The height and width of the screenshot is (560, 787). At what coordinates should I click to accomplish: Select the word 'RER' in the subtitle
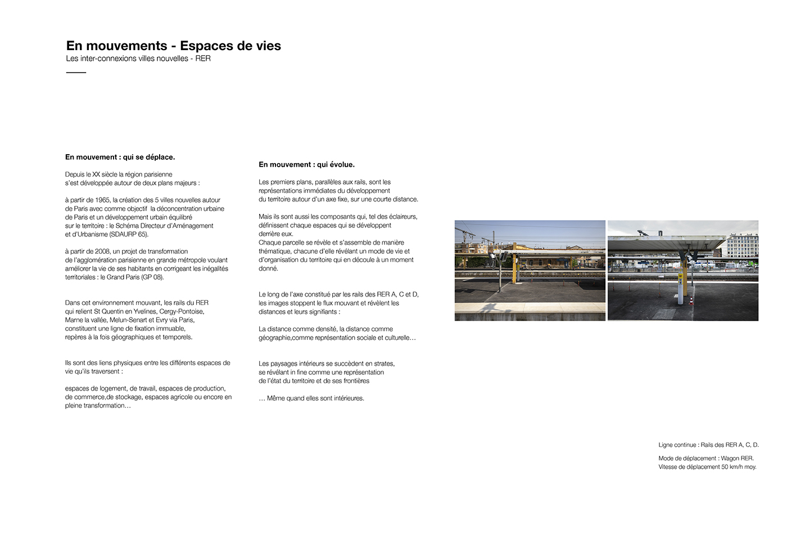click(x=203, y=59)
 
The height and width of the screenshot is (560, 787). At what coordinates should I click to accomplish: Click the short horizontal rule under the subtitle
click(x=76, y=73)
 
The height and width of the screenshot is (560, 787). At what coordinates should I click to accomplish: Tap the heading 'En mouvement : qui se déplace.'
click(x=120, y=157)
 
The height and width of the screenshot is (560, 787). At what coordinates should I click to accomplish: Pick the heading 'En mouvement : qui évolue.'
click(x=306, y=165)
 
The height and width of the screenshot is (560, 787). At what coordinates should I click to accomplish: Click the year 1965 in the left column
click(x=102, y=200)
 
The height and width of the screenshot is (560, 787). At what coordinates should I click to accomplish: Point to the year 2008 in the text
click(x=103, y=252)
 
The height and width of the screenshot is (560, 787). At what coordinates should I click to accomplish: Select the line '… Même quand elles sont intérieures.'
click(x=311, y=398)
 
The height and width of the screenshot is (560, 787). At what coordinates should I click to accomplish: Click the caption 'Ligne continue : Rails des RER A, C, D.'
click(x=708, y=445)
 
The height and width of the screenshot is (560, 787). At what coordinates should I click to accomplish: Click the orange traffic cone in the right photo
click(x=691, y=299)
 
